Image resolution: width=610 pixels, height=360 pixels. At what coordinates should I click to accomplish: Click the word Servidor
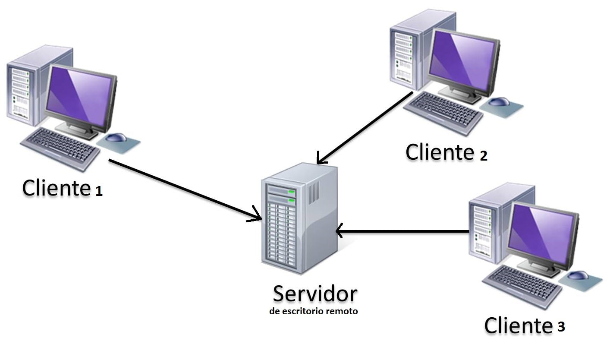pyautogui.click(x=315, y=294)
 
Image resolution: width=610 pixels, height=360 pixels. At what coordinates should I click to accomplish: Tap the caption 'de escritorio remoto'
pyautogui.click(x=313, y=311)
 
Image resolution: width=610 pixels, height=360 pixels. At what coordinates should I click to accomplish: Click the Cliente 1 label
pyautogui.click(x=62, y=188)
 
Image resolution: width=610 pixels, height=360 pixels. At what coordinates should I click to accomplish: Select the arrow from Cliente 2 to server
pyautogui.click(x=365, y=128)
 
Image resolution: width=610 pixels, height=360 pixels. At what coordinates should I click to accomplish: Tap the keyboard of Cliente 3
pyautogui.click(x=522, y=285)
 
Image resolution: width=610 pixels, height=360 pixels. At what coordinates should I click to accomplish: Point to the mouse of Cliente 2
pyautogui.click(x=499, y=102)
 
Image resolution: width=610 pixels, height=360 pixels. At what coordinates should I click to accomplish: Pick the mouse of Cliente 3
pyautogui.click(x=578, y=275)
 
